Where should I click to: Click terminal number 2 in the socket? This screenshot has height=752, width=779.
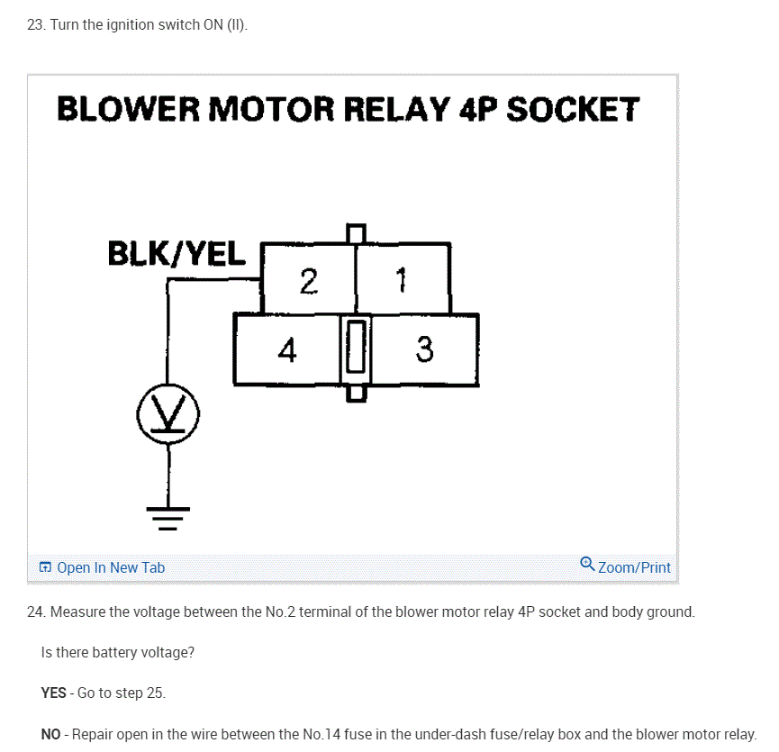click(309, 282)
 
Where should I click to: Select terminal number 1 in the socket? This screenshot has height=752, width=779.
click(402, 282)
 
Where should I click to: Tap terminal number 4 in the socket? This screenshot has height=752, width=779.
click(286, 350)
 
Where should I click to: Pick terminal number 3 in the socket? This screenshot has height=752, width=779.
click(425, 350)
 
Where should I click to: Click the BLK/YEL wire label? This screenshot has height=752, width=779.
click(177, 254)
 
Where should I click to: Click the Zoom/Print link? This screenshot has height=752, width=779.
click(634, 567)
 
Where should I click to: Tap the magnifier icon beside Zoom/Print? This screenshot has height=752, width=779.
click(587, 565)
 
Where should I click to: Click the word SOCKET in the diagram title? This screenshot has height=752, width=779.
click(573, 110)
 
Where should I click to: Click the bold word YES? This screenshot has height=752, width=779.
click(54, 693)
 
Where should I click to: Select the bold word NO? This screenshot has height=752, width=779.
click(51, 735)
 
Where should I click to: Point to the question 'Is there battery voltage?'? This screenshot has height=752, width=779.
click(118, 652)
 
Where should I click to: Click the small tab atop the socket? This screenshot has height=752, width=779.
click(357, 232)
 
